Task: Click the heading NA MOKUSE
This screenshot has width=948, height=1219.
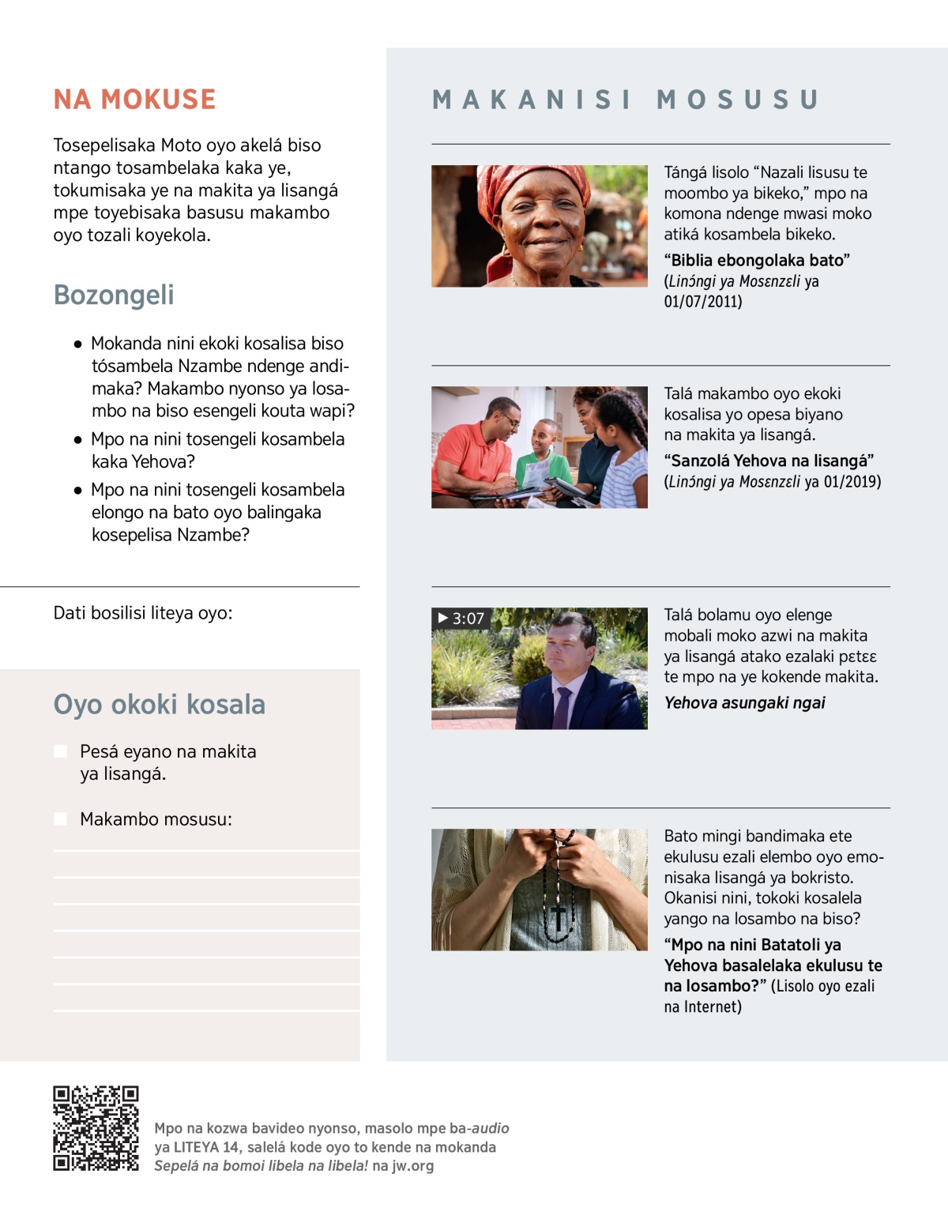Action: (134, 100)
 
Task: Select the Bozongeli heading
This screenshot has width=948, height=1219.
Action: (114, 295)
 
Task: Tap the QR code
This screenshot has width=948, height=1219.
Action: (96, 1128)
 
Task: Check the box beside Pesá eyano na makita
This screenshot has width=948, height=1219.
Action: (60, 751)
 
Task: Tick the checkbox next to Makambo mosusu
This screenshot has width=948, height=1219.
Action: (60, 819)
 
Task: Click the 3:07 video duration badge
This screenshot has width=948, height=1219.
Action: (461, 619)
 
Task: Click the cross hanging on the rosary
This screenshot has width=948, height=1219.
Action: (559, 917)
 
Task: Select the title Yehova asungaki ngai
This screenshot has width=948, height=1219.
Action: (744, 703)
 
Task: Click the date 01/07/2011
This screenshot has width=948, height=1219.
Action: (703, 302)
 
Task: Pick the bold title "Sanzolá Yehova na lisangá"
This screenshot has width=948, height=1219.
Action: (769, 461)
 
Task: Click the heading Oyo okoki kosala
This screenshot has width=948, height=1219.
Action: (159, 705)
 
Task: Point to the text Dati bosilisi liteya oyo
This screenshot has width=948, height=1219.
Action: (143, 613)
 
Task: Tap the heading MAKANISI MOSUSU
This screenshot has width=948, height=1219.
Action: (625, 100)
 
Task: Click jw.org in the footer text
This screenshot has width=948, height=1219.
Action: (412, 1166)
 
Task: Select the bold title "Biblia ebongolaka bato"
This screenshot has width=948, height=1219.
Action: (757, 261)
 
